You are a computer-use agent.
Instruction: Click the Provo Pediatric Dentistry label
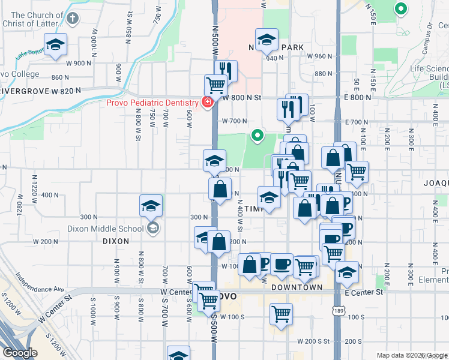pyautogui.click(x=153, y=102)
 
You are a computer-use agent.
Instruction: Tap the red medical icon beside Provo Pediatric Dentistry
pyautogui.click(x=207, y=103)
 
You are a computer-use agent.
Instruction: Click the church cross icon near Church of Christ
pyautogui.click(x=73, y=18)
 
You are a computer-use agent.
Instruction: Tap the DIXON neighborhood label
pyautogui.click(x=116, y=241)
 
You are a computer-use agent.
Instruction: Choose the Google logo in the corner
pyautogui.click(x=20, y=353)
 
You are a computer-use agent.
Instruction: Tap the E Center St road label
pyautogui.click(x=364, y=292)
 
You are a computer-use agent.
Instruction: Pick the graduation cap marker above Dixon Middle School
pyautogui.click(x=151, y=206)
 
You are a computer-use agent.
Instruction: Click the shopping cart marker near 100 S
pyautogui.click(x=281, y=313)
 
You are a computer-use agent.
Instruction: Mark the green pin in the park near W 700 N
pyautogui.click(x=258, y=136)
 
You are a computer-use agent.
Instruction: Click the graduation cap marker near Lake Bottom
pyautogui.click(x=56, y=44)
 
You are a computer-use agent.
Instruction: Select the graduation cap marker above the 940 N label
pyautogui.click(x=267, y=40)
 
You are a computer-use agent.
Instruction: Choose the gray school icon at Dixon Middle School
pyautogui.click(x=153, y=228)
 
